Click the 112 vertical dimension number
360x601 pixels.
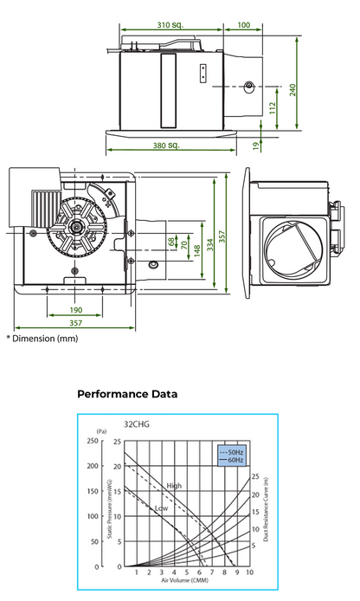tap(271, 108)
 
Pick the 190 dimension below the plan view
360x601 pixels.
tap(75, 309)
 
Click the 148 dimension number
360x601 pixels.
tap(197, 249)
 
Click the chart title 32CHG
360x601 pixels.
tap(137, 426)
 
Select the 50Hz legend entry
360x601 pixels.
tap(235, 453)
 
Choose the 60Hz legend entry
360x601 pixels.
tap(235, 461)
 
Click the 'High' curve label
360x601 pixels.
tap(174, 485)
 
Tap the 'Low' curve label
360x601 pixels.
tap(160, 507)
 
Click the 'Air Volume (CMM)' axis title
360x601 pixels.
tap(183, 581)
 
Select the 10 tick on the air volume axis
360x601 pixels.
tap(249, 572)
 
